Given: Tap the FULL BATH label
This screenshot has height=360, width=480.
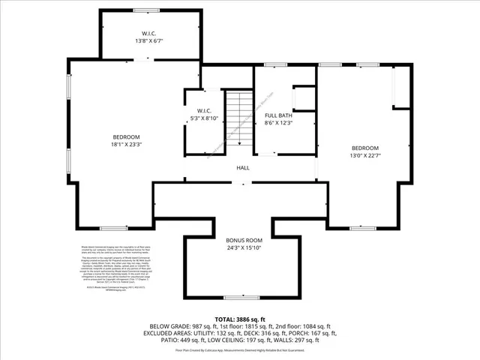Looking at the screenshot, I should pos(277,115).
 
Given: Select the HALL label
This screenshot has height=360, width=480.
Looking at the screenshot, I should pos(243,168).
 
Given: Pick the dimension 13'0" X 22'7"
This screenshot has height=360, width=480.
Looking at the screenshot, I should pos(364,155).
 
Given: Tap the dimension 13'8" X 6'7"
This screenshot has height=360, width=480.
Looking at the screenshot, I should pos(148,41).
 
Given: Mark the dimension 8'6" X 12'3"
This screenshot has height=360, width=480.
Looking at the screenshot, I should pos(277,122).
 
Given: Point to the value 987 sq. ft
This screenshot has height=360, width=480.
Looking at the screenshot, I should pos(211,326).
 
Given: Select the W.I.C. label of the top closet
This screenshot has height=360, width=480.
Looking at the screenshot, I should pos(148,34).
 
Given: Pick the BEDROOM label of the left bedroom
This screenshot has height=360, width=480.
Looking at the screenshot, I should pos(127,136).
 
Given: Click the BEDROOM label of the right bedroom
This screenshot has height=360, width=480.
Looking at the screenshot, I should pos(364,148).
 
